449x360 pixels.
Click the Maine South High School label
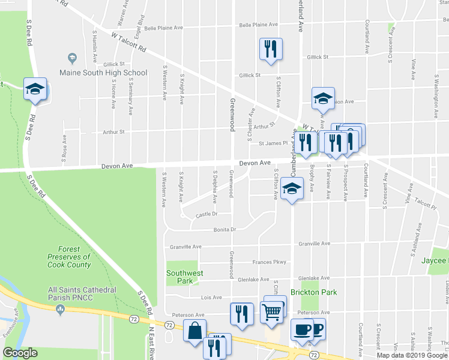pyautogui.click(x=103, y=73)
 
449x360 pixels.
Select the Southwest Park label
pyautogui.click(x=184, y=277)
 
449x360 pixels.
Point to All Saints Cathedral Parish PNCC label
pyautogui.click(x=82, y=293)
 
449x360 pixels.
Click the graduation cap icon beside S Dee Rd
pyautogui.click(x=35, y=89)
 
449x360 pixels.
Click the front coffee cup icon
pyautogui.click(x=301, y=329)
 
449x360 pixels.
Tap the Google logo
pyautogui.click(x=20, y=353)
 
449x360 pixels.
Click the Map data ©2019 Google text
pyautogui.click(x=412, y=355)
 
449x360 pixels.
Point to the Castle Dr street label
pyautogui.click(x=206, y=214)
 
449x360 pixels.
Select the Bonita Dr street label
pyautogui.click(x=226, y=229)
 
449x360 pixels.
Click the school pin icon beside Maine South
pyautogui.click(x=72, y=58)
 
